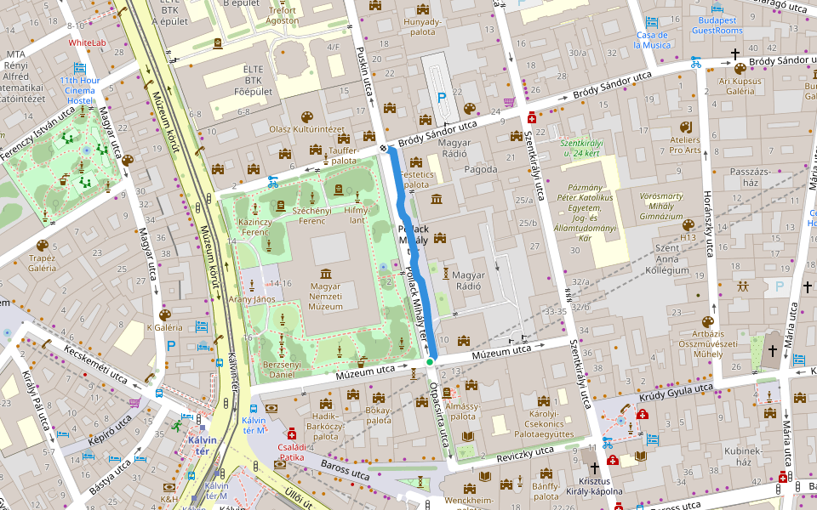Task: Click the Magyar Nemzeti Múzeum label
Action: pos(325,296)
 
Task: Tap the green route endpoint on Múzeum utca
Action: pos(430,362)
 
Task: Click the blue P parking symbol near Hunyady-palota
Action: pos(441,98)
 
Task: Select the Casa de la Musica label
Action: pos(652,40)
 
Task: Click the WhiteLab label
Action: pos(88,42)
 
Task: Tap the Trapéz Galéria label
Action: pos(42,263)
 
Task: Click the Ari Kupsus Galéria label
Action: pos(740,86)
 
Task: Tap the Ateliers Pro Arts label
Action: pos(685,145)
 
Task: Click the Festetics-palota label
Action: pos(416,178)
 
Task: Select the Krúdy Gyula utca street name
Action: pos(677,391)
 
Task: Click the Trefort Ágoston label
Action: pos(282,15)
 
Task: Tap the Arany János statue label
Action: pos(251,299)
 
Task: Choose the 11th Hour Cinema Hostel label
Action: pos(80,90)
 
